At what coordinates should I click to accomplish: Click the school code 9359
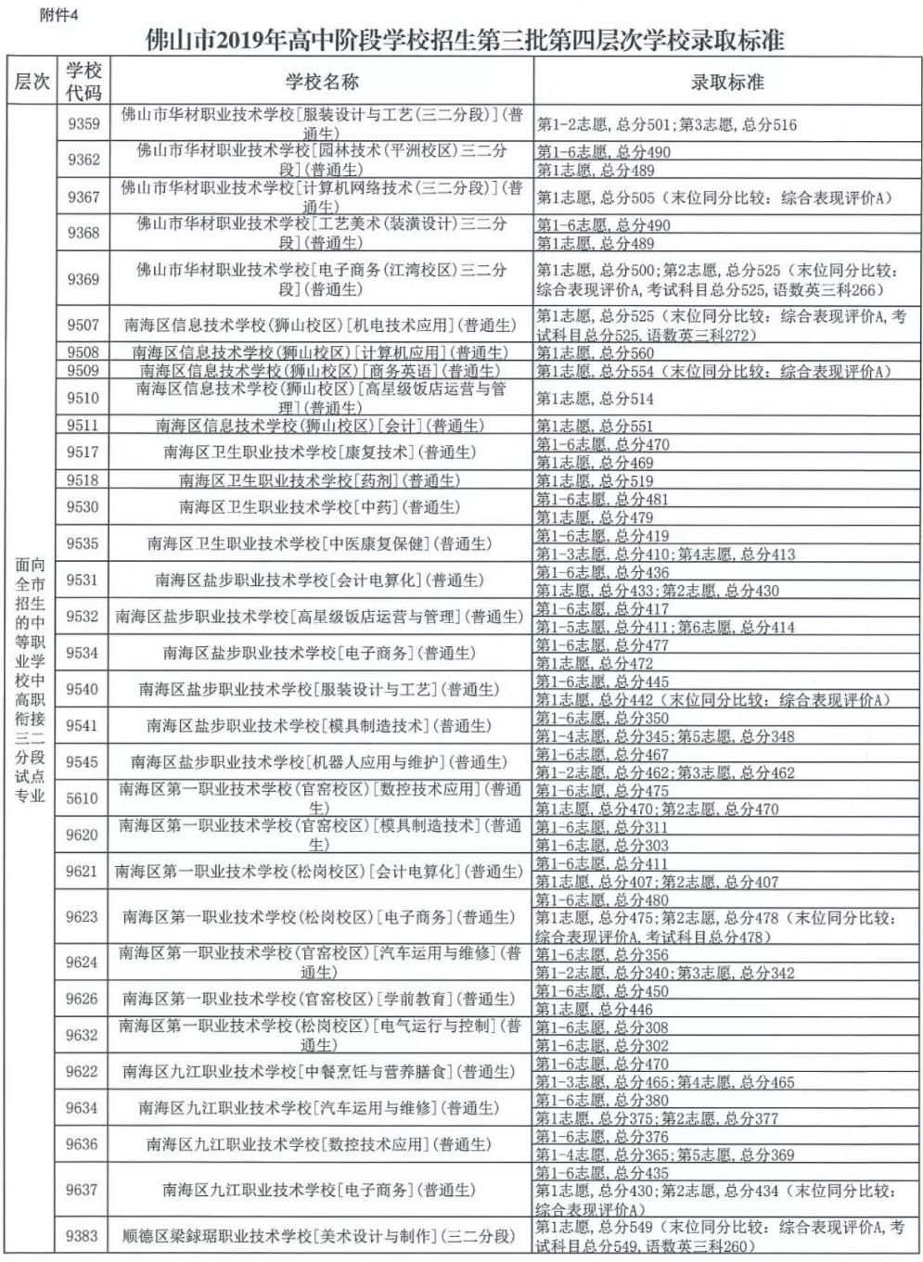point(83,124)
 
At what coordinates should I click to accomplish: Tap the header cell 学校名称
point(321,82)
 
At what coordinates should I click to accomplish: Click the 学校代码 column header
point(83,82)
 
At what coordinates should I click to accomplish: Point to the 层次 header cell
point(31,82)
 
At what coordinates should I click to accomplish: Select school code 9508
point(83,353)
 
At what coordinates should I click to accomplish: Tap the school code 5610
point(83,798)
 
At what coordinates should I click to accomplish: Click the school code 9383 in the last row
point(83,1236)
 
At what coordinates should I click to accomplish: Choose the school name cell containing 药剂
point(321,480)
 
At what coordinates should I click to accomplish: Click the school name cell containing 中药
point(321,507)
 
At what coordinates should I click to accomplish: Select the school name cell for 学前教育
point(321,999)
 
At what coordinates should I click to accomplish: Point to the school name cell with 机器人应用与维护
point(321,762)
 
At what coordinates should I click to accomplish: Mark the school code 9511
point(83,427)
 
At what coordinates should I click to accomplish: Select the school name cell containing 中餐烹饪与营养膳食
point(321,1072)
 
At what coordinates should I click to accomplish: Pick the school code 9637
point(83,1190)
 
